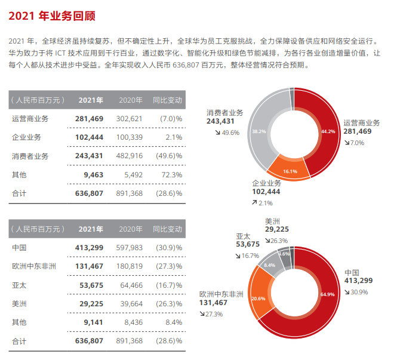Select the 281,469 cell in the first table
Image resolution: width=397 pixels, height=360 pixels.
pyautogui.click(x=90, y=119)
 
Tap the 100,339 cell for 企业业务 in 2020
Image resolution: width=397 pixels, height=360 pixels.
pyautogui.click(x=129, y=137)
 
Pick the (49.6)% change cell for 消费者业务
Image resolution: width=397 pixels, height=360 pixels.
pyautogui.click(x=168, y=156)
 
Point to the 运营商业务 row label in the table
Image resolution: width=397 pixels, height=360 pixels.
pyautogui.click(x=30, y=119)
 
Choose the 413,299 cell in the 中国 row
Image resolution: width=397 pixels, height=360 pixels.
pyautogui.click(x=90, y=247)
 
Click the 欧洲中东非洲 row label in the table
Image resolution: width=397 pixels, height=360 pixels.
pyautogui.click(x=34, y=266)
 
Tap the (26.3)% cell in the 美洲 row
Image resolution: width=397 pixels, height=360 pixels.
pyautogui.click(x=168, y=303)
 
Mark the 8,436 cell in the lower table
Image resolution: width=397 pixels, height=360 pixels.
pyautogui.click(x=132, y=322)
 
